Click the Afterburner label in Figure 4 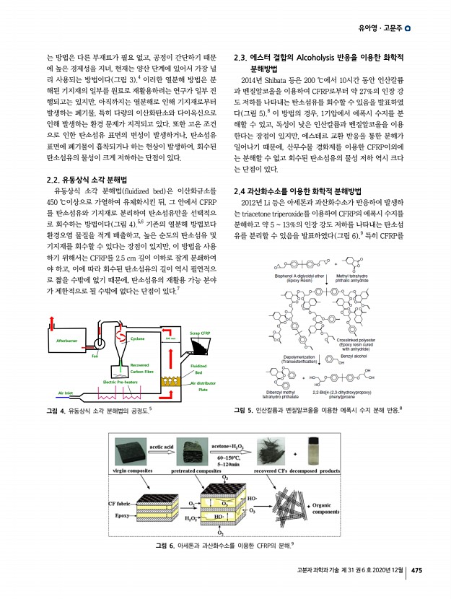point(71,339)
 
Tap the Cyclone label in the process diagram point(137,338)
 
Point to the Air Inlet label point(66,393)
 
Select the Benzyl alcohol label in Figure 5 point(354,357)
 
